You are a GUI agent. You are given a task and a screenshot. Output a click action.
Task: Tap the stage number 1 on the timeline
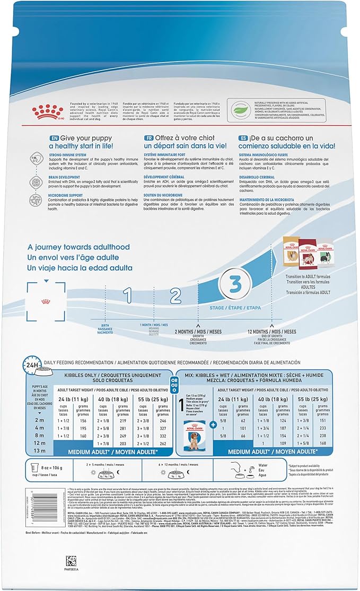(x=127, y=296)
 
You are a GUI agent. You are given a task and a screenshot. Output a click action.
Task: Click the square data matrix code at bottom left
(x=71, y=561)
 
